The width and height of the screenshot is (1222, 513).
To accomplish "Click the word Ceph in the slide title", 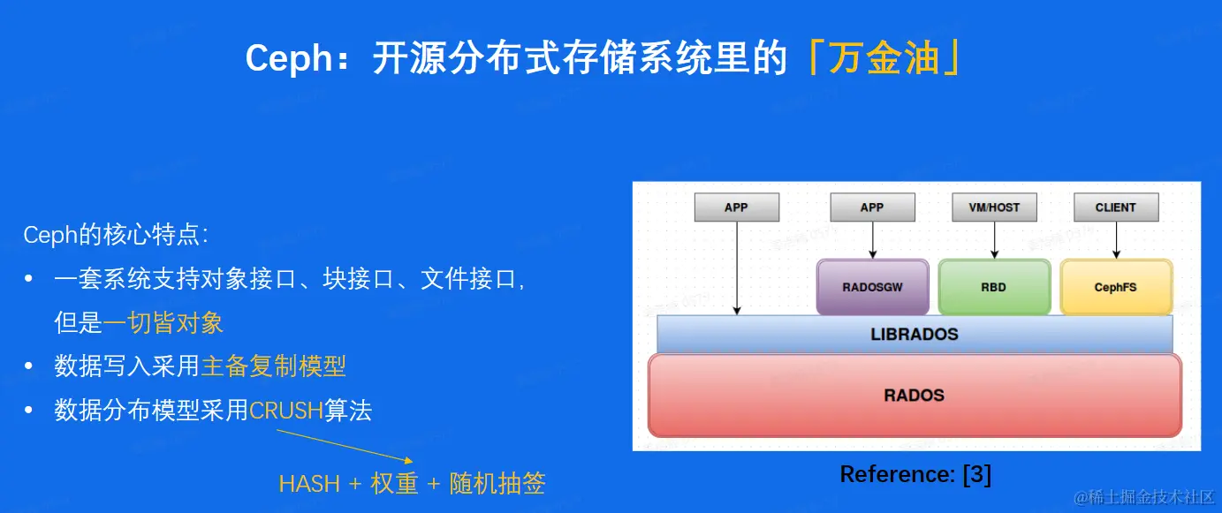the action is coord(289,58).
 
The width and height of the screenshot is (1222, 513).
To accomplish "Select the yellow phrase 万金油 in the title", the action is coord(884,57).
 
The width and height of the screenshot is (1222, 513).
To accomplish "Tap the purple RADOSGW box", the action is coord(872,287).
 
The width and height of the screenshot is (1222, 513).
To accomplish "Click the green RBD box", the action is coord(994,287).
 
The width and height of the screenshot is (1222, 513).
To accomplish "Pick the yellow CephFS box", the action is coord(1116,287).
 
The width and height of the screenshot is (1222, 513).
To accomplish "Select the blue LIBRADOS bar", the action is coord(915,334).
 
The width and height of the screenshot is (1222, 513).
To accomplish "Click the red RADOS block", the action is coord(915,396).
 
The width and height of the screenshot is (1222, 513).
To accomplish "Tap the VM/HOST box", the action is coord(994,207).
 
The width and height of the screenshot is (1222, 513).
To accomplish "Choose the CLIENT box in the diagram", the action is coord(1116,207).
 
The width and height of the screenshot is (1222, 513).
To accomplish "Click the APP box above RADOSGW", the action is coord(872,207).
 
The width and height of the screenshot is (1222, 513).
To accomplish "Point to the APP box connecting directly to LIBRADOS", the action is coord(737,207).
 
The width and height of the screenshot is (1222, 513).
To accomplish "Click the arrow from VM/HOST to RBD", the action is coord(994,240).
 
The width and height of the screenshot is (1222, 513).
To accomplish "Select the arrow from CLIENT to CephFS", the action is coord(1116,240).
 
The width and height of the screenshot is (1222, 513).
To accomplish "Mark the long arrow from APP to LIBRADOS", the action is coord(737,268).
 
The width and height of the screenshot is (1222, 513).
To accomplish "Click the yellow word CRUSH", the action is coord(286,411).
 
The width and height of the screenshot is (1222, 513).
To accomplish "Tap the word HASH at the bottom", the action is coord(309,484).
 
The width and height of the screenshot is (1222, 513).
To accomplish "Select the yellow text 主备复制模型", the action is coord(273,366).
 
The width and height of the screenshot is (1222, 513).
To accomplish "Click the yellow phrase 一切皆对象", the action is coord(163,323).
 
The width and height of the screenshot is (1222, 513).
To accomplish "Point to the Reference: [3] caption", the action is coord(915,474).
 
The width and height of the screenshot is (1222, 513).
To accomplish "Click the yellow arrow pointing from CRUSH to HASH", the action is coord(345,447).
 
